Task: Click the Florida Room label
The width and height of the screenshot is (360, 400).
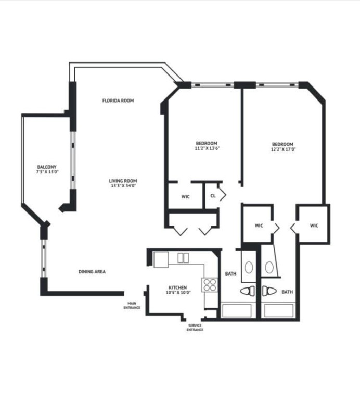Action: (x=119, y=101)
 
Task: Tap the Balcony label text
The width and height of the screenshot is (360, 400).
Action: (x=46, y=167)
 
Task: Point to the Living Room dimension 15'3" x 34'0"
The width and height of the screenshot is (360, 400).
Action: (x=123, y=186)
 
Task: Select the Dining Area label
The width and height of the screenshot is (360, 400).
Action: (x=92, y=272)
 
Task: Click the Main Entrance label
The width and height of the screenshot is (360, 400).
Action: (x=132, y=306)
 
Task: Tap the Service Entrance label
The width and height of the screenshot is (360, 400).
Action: (x=195, y=328)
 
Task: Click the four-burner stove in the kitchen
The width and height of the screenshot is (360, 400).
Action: (x=210, y=284)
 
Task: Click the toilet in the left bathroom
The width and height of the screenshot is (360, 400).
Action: (x=247, y=291)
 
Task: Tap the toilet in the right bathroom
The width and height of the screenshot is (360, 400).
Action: (x=268, y=291)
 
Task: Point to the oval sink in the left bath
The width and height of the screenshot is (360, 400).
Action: (x=249, y=267)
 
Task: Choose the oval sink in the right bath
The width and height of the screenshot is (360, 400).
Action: (x=269, y=267)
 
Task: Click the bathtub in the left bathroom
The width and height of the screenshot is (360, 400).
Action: (x=237, y=310)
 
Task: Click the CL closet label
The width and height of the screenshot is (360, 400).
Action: (x=213, y=196)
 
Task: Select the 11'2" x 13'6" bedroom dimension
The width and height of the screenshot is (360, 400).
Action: (x=206, y=148)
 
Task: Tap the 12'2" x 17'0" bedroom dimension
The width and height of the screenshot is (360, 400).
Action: (x=282, y=149)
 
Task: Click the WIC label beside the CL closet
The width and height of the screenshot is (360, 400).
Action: (x=185, y=197)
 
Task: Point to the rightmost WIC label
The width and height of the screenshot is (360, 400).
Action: (x=314, y=226)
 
